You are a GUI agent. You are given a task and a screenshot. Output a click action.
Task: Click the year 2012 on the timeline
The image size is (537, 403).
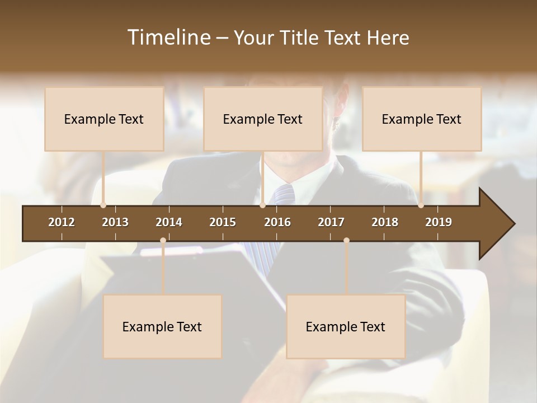tap(62, 222)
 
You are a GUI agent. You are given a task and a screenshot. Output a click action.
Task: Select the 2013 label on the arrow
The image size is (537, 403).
tap(115, 222)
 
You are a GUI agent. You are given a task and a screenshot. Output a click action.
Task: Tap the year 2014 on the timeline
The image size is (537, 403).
tap(169, 222)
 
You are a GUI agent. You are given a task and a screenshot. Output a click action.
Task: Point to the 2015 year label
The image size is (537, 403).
tap(223, 222)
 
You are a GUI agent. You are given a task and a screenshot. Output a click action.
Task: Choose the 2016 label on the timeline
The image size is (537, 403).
tap(277, 222)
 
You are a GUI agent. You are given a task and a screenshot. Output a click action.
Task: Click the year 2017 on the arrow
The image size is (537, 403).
tap(331, 222)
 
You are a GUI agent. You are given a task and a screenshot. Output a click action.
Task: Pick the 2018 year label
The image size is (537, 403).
tap(385, 222)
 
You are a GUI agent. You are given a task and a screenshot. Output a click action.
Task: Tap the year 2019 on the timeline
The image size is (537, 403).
tap(439, 222)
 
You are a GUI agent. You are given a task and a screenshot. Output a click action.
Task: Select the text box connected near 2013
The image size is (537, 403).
tap(104, 119)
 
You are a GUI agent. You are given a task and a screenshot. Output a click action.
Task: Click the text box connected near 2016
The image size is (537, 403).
tap(262, 119)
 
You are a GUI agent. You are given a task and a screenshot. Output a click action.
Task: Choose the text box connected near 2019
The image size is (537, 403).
tap(421, 119)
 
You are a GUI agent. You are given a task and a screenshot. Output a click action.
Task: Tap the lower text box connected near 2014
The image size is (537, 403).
tap(162, 326)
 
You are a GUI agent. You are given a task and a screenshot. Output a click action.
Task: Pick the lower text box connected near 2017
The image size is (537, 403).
tap(346, 326)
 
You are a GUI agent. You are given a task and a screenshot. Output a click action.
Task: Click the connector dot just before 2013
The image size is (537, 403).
tap(103, 205)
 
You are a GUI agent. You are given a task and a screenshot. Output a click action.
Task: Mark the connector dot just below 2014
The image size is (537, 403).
tap(163, 241)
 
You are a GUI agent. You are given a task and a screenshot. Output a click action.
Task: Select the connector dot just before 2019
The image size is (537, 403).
tap(421, 205)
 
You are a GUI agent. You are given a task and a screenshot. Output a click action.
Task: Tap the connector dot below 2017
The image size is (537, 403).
tap(346, 241)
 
